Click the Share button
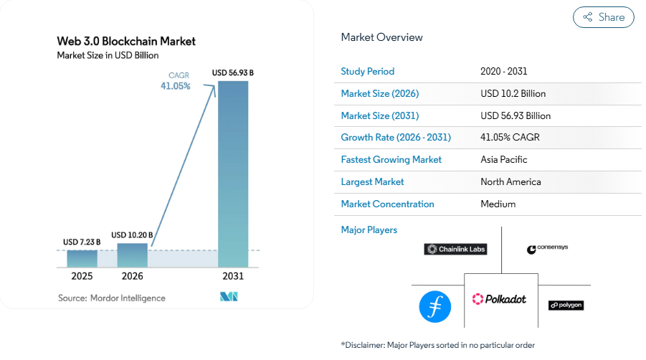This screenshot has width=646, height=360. [x=603, y=17]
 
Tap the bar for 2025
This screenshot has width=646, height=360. [x=82, y=258]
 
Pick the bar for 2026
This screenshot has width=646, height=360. [x=132, y=255]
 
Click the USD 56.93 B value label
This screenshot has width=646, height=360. [x=233, y=72]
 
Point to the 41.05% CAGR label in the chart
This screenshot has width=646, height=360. [x=175, y=86]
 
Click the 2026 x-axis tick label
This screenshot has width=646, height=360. [x=132, y=276]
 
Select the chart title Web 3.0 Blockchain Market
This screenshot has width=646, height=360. [x=126, y=41]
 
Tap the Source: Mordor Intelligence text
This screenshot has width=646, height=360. [x=111, y=298]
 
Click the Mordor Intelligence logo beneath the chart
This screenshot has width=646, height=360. [x=229, y=297]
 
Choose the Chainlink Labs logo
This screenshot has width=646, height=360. [x=455, y=249]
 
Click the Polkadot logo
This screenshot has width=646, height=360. [x=499, y=298]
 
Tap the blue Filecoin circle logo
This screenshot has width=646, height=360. [x=434, y=306]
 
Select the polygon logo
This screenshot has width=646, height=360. [x=566, y=305]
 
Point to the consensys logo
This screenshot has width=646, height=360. [x=547, y=249]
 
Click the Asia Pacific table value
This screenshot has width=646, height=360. [x=503, y=160]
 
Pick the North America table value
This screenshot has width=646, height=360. [x=510, y=182]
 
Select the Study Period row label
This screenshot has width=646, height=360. [x=367, y=71]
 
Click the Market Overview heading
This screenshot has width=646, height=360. [x=381, y=37]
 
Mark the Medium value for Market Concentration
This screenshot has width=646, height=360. [x=498, y=204]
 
